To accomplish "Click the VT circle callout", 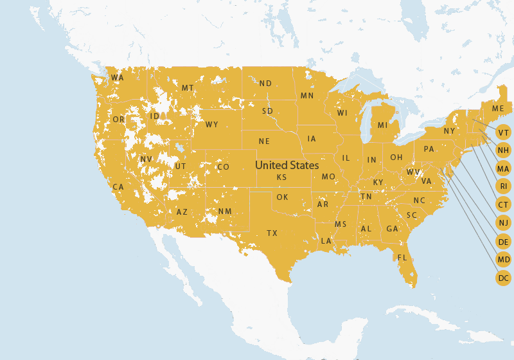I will (504, 132).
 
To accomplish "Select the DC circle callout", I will (504, 278).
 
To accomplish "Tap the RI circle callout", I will (504, 186).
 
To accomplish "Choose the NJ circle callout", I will (504, 223).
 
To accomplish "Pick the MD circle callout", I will (504, 260).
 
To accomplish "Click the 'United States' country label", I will (287, 165).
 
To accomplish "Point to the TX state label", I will (272, 233).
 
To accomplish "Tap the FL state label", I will (402, 258).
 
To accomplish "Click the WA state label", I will (117, 78).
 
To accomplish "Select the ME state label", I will (498, 109).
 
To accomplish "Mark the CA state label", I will (118, 187).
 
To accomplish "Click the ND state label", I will (265, 83).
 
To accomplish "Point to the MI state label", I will (382, 125).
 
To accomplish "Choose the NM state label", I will (225, 212).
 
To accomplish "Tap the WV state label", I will (412, 172).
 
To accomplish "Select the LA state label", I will (326, 241).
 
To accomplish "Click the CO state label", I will (223, 167).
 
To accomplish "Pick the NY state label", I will (449, 131).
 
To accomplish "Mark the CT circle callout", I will (504, 204).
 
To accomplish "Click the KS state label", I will (281, 177).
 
